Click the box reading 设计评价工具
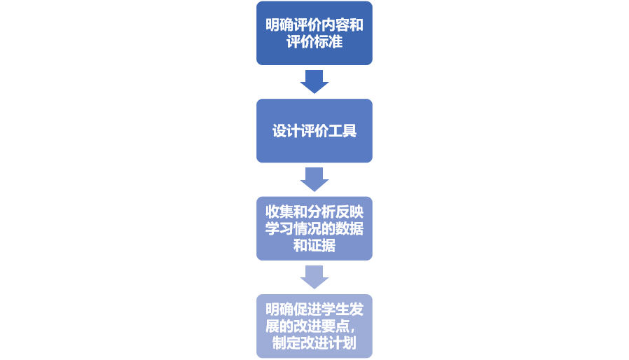(314, 131)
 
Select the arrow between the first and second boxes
(314, 81)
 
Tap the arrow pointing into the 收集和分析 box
(314, 179)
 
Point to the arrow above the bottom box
(314, 277)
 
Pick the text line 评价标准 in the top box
(314, 41)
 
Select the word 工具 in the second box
(343, 131)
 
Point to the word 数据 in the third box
(350, 229)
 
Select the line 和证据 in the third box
(314, 245)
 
